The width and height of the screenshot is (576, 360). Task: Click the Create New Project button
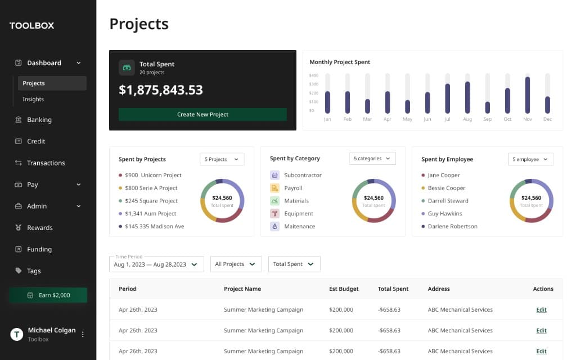[202, 114]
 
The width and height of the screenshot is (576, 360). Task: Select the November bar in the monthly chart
[528, 95]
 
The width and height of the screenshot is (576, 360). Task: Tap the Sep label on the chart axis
[487, 119]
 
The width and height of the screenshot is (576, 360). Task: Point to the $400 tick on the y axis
[313, 75]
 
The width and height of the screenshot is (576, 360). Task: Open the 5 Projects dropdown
[222, 159]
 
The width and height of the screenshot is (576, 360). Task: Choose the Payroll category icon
[274, 188]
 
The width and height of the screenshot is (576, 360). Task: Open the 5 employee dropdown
[530, 159]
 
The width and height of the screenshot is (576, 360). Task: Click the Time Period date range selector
[156, 264]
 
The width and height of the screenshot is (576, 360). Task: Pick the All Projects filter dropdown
[236, 264]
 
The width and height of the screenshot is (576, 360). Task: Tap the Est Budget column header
[344, 289]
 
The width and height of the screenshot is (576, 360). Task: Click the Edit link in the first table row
[541, 310]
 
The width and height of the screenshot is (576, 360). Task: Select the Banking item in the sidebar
[39, 120]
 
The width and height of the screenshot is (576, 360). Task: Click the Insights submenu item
[33, 100]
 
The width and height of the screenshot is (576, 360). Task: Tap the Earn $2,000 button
[48, 295]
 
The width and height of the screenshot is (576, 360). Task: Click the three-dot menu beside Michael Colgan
[83, 334]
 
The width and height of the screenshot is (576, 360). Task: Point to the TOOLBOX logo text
[31, 25]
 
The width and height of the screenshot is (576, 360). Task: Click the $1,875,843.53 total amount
[161, 90]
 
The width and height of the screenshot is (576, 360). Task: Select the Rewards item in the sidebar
[39, 228]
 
